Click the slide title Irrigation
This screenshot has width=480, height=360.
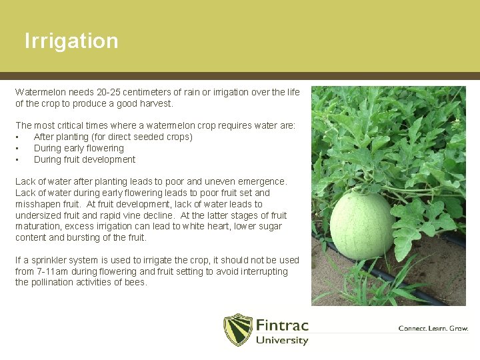tap(71, 41)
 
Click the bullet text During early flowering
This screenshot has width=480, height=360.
tap(79, 148)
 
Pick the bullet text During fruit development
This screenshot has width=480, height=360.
tap(85, 159)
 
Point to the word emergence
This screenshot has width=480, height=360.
tap(263, 181)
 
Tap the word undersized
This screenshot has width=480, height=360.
tap(38, 215)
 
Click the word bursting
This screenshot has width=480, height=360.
tap(91, 237)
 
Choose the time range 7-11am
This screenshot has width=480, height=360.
tap(55, 271)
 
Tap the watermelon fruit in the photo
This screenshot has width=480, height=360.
tap(361, 224)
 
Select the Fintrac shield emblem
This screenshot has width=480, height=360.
tap(237, 329)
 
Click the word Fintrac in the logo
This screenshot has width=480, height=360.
tap(282, 325)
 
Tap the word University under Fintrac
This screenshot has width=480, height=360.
tap(282, 341)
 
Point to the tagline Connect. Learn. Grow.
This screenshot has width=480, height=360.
tap(433, 329)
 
